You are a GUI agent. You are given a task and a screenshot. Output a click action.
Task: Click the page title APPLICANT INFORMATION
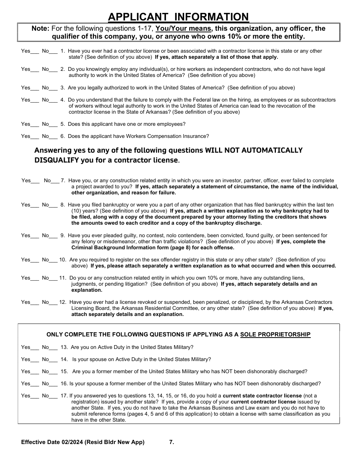coord(178,17)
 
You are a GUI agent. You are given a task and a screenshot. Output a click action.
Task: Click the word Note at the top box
coord(40,28)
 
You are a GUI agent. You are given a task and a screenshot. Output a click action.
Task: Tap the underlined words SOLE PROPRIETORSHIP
coord(275,335)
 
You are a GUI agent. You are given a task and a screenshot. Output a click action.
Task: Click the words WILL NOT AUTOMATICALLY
coord(254,150)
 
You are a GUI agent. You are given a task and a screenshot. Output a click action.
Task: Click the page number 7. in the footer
coord(172,442)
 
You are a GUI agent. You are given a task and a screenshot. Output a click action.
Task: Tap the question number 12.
coord(63,302)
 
